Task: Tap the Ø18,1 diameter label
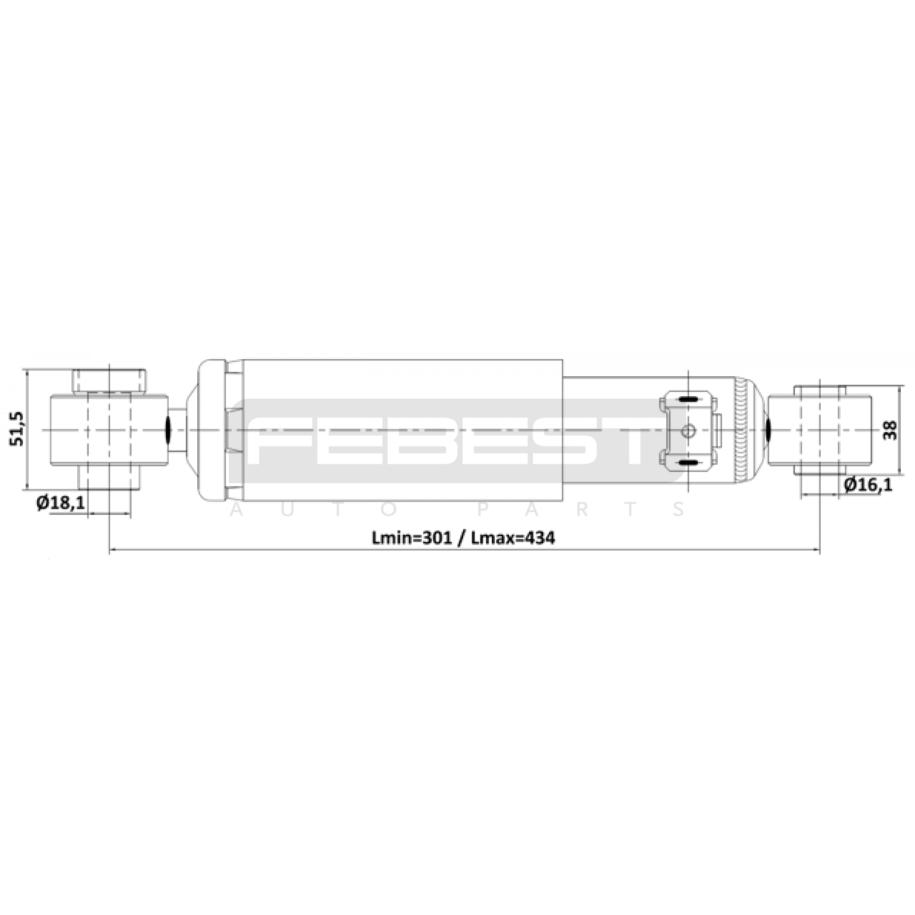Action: [x=61, y=503]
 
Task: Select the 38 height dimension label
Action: [x=890, y=429]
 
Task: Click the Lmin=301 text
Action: [x=412, y=538]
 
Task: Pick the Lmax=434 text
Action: [x=512, y=538]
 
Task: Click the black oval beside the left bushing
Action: [x=170, y=429]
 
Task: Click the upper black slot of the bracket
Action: [x=689, y=398]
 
